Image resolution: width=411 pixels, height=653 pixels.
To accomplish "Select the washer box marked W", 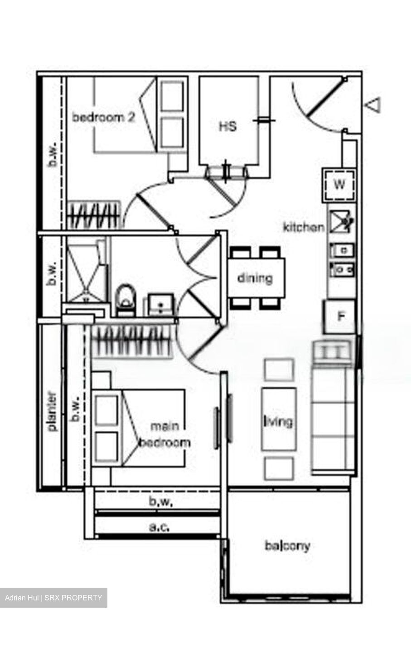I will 339,185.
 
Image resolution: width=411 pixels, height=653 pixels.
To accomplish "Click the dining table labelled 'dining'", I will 256,278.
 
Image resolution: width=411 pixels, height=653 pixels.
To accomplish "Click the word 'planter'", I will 53,411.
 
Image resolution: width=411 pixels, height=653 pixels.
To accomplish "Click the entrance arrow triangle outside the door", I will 373,105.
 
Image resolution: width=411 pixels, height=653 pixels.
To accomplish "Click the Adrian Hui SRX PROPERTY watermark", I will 53,597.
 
